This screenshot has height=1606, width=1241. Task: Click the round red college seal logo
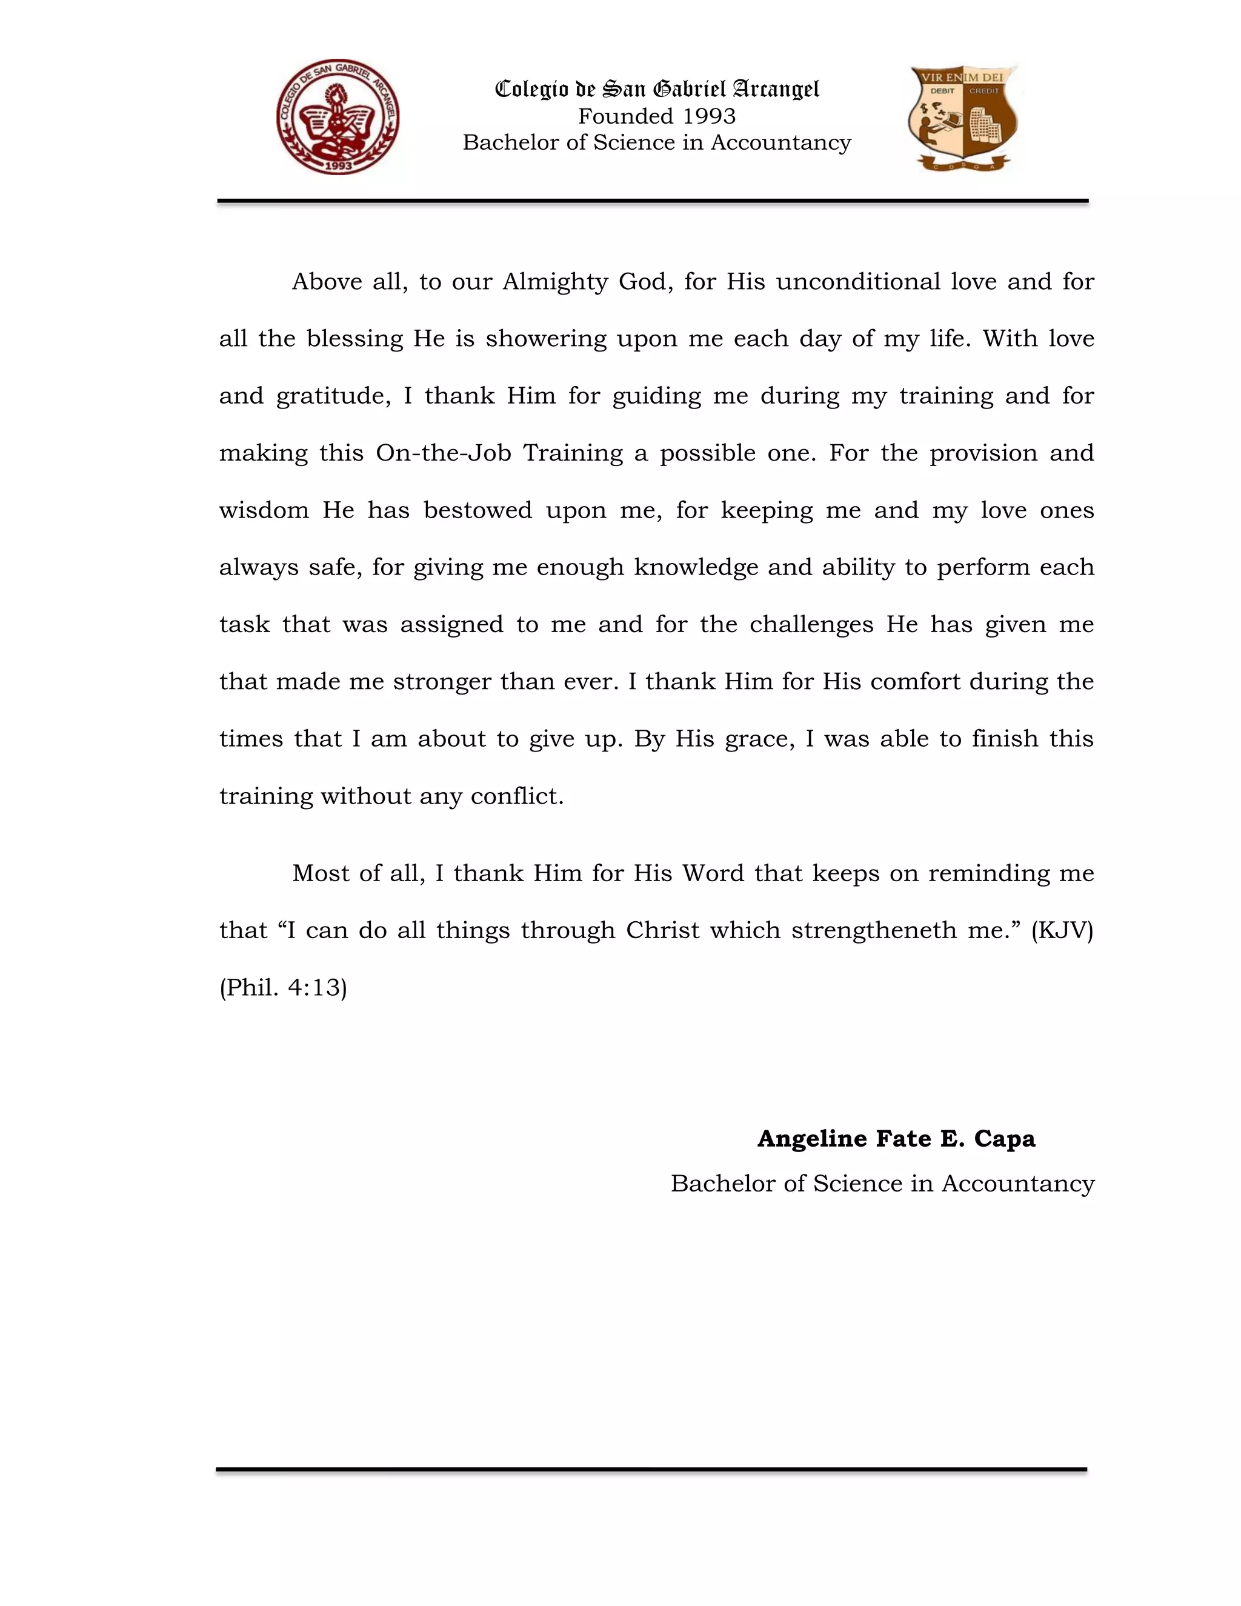(x=338, y=117)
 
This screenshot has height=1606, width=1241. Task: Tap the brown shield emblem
(x=963, y=118)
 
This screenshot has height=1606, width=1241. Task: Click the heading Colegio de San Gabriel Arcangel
(x=656, y=89)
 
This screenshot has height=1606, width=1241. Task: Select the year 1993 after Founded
(x=709, y=116)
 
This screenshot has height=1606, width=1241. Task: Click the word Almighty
(x=554, y=282)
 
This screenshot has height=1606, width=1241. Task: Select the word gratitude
(x=333, y=396)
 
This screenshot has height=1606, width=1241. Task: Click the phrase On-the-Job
(x=444, y=453)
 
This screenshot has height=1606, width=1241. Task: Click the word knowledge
(x=696, y=568)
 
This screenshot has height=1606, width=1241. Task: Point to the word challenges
(x=811, y=625)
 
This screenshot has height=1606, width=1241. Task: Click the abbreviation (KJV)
(x=1062, y=931)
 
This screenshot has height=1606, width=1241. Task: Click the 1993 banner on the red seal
(x=338, y=165)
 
